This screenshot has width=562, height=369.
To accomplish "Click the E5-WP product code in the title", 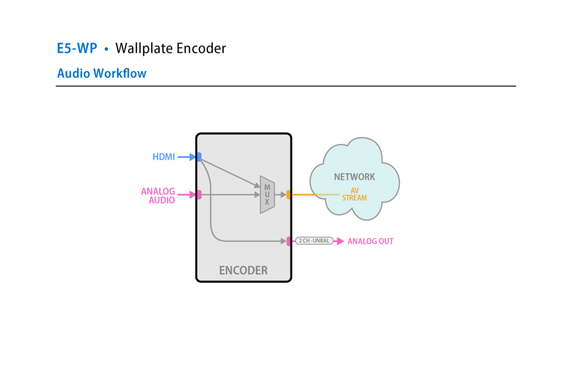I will [x=77, y=48].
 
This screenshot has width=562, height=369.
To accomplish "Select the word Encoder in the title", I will [x=201, y=48].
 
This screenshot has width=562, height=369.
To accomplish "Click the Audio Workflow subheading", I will [x=102, y=73].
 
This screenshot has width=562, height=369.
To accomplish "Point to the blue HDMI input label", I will [x=164, y=157].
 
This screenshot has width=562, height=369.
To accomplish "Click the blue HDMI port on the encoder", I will [x=199, y=157].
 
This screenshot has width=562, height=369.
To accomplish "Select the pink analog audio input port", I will [x=199, y=194].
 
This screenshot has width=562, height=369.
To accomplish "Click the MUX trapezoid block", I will [x=267, y=195].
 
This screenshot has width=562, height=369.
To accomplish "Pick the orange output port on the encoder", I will [x=289, y=194].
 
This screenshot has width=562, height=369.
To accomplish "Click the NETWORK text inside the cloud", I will [x=355, y=177].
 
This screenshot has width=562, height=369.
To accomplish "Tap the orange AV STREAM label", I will [x=355, y=194].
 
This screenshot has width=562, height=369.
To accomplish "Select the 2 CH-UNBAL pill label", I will [x=314, y=241].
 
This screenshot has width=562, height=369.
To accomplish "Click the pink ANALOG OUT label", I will [x=370, y=241].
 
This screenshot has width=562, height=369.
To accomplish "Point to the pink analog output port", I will [x=289, y=241].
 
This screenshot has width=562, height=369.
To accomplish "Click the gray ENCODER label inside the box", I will [x=243, y=270].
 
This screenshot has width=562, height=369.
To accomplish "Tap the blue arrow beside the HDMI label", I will [x=187, y=157].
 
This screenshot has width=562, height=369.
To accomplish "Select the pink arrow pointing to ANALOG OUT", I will [x=339, y=241].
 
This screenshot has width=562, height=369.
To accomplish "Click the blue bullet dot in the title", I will [x=106, y=49].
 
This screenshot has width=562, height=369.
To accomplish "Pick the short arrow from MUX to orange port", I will [x=280, y=194].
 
